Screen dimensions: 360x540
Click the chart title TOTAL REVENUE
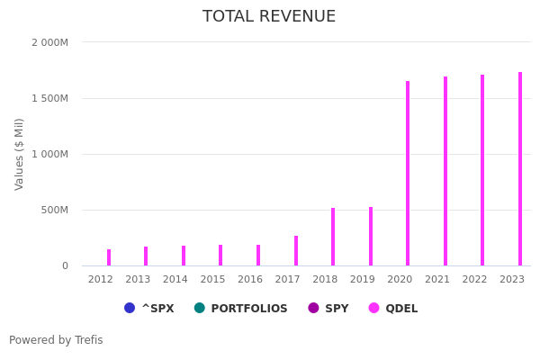pos(269,17)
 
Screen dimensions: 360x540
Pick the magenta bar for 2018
pos(333,237)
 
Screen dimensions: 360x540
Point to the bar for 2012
pos(109,257)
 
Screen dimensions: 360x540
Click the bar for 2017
pos(296,251)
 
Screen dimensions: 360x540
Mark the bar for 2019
pos(371,236)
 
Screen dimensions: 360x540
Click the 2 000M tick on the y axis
pos(49,42)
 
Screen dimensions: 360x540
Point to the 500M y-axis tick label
pos(52,210)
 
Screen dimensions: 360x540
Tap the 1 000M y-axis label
pos(49,154)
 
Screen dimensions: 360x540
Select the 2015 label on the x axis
pos(212,280)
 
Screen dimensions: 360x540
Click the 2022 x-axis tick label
pos(474,280)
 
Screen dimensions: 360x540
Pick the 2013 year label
pos(138,280)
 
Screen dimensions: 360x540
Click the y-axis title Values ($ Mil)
pos(20,154)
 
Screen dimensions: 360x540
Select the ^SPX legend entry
pos(149,309)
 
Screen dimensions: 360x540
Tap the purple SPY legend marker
pos(314,308)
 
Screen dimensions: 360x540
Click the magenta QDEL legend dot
pos(374,308)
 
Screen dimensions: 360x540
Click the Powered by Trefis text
pos(56,340)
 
